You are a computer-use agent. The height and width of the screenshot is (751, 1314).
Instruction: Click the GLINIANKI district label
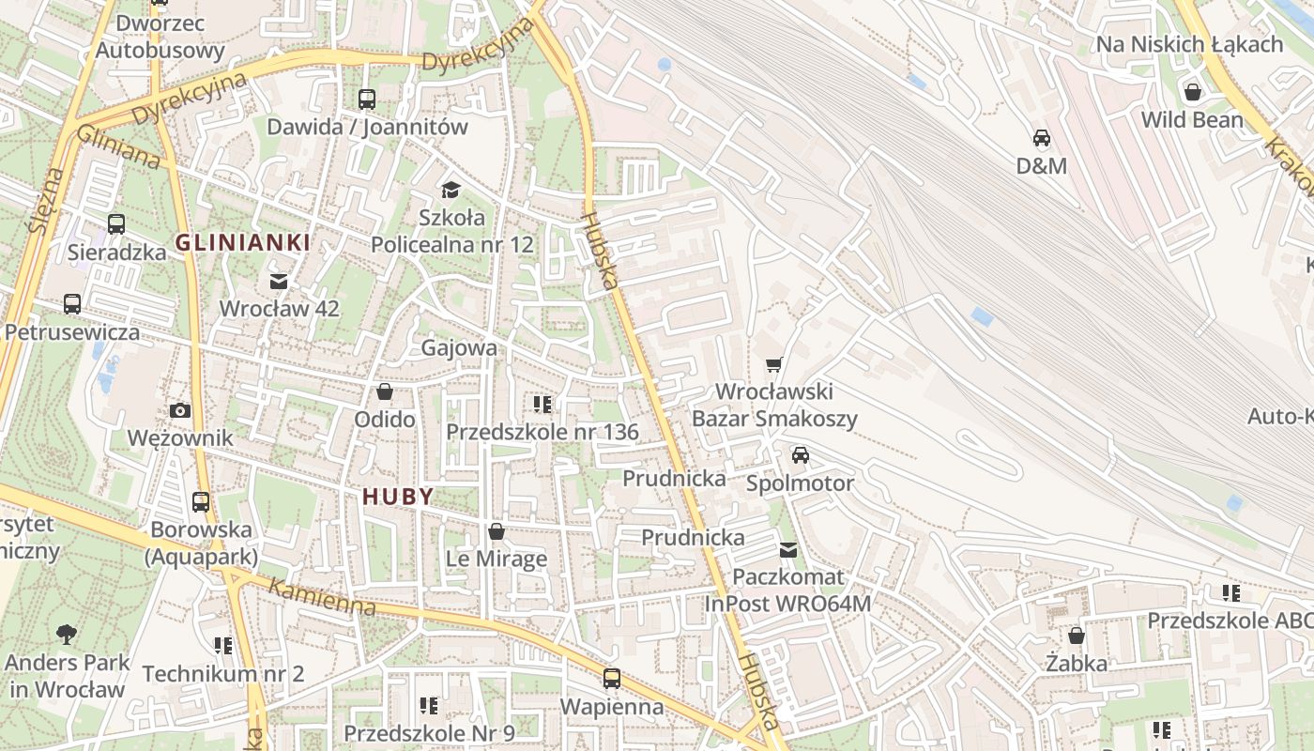[x=242, y=243]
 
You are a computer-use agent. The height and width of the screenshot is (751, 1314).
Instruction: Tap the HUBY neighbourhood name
[x=398, y=498]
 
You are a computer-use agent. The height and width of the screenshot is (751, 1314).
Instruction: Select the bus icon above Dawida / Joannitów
[x=367, y=99]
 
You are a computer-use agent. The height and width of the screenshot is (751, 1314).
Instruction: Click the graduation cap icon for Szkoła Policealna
[x=451, y=191]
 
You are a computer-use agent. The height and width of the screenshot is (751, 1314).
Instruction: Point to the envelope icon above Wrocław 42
[x=279, y=281]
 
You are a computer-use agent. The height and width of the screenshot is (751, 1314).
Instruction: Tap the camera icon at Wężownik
[x=180, y=410]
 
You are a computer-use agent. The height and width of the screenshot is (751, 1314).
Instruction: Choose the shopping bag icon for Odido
[x=385, y=391]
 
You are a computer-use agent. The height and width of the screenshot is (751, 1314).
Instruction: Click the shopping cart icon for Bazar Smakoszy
[x=774, y=364]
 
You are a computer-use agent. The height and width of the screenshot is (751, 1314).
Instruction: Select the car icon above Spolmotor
[x=801, y=455]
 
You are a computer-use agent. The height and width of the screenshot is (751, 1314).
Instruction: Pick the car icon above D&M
[x=1042, y=138]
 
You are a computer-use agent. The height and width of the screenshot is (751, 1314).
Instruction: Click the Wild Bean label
[x=1192, y=120]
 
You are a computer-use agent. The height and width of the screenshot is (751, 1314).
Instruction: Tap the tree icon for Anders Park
[x=67, y=635]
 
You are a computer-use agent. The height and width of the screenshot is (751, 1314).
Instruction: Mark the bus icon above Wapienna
[x=612, y=678]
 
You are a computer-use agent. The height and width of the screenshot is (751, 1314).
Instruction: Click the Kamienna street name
[x=322, y=598]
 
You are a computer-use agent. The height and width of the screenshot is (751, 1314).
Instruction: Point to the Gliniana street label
[x=119, y=148]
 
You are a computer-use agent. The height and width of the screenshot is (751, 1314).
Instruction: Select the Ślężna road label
[x=44, y=200]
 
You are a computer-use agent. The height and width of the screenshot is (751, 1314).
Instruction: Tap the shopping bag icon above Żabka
[x=1077, y=636]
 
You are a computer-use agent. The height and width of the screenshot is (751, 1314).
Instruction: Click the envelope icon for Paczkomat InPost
[x=788, y=550]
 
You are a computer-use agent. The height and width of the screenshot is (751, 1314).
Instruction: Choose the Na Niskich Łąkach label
[x=1189, y=44]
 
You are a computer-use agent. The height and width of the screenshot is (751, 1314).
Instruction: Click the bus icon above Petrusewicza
[x=72, y=304]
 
